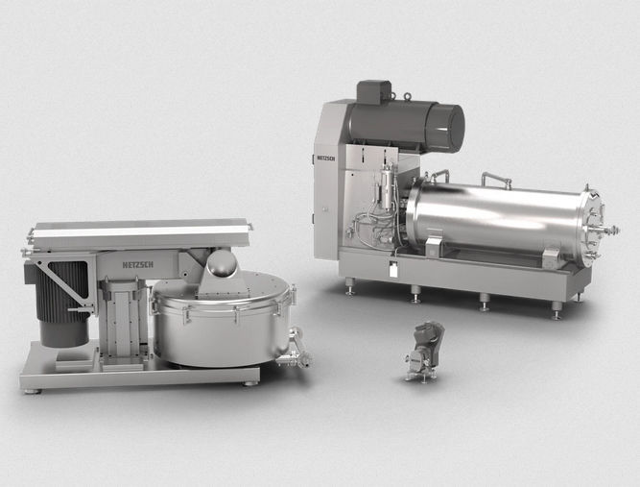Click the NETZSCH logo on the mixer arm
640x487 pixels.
(138, 265)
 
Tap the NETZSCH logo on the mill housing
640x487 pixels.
(326, 158)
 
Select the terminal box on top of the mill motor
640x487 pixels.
(374, 91)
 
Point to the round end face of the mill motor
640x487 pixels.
(451, 129)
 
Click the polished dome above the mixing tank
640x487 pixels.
(222, 263)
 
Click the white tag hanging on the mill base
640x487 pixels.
(392, 270)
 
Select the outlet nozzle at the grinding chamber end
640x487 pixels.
(609, 231)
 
